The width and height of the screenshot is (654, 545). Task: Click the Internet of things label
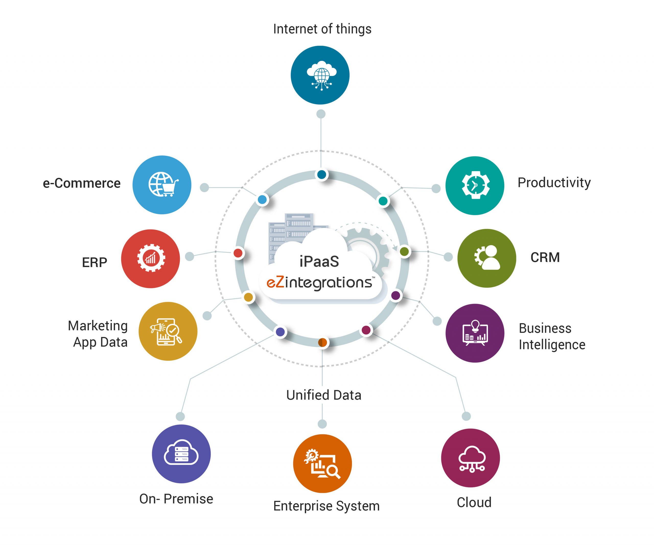pos(322,29)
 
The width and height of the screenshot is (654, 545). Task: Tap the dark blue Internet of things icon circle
pos(320,75)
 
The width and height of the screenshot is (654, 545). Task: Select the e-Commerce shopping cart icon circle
pos(162,185)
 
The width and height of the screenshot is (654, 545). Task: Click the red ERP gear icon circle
pos(150,259)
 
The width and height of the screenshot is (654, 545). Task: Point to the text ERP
pos(94,262)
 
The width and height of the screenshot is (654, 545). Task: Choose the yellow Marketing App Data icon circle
pos(168,331)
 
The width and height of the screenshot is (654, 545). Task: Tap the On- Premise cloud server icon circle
pos(181,454)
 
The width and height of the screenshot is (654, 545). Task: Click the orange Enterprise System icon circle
pos(322,463)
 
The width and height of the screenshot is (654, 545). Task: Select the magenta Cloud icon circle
pos(470,458)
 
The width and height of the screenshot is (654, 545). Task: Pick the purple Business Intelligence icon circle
pos(475,333)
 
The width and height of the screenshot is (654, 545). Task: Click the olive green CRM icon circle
pos(486,258)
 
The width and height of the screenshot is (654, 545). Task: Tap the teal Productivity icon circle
pos(475,185)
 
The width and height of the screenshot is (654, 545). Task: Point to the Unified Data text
pos(324,395)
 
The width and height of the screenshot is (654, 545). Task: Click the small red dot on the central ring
pos(238,253)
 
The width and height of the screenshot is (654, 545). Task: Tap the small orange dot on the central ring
pos(322,343)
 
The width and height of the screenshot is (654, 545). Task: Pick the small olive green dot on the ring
pos(404,251)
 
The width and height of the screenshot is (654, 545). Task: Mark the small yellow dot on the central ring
pos(248,297)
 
